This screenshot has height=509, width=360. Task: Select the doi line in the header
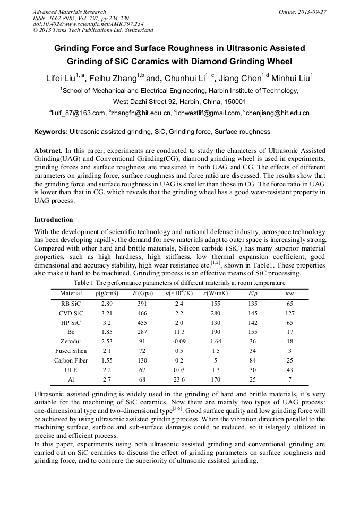80,24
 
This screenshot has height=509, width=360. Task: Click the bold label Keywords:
51,132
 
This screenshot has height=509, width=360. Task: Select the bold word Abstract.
48,150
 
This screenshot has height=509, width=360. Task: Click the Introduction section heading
54,220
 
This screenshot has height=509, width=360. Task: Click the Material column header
71,293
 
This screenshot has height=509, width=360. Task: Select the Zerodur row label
71,341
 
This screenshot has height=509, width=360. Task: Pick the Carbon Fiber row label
71,361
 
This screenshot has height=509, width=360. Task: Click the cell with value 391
142,304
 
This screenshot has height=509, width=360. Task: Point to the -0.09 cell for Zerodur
182,341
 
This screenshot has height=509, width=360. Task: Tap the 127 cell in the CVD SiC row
289,313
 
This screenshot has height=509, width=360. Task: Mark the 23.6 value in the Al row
182,380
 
